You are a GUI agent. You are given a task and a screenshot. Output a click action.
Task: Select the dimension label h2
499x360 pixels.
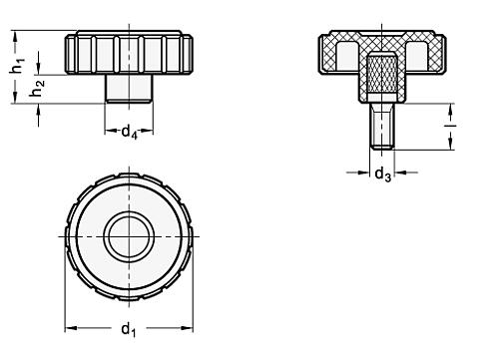tap(38, 89)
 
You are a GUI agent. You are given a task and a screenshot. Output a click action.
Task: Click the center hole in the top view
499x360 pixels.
tap(129, 236)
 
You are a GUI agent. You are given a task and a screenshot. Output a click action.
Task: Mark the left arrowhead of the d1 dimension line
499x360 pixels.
tap(70, 324)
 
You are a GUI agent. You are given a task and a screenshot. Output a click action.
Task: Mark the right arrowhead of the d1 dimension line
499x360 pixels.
tap(188, 324)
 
